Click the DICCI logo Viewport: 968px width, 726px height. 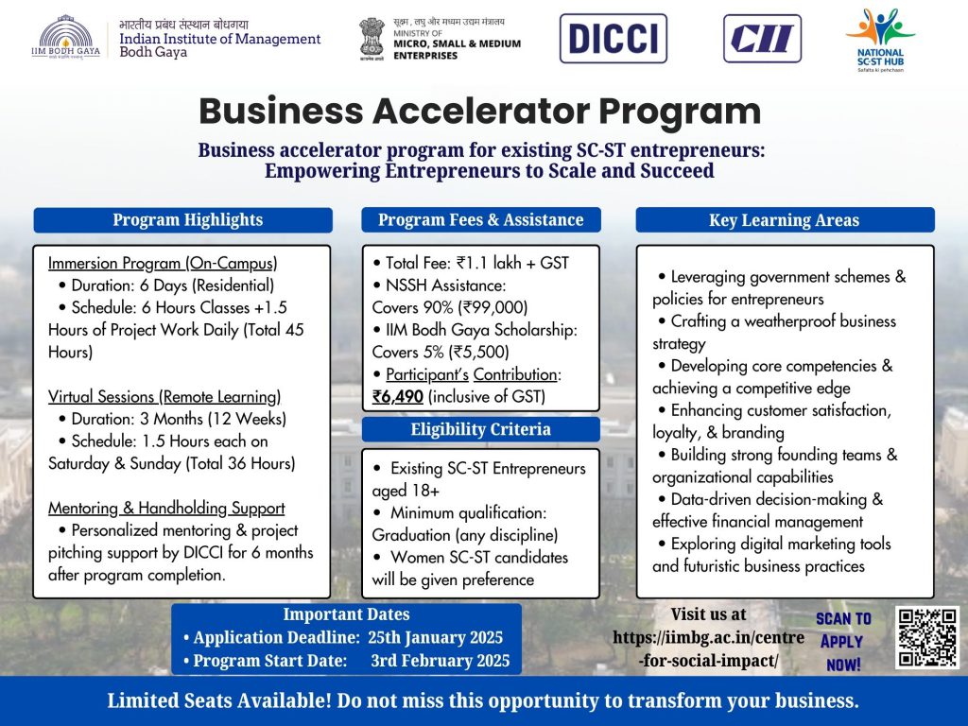click(613, 38)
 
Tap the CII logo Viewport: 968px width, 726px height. click(762, 38)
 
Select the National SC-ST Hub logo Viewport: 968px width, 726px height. click(880, 40)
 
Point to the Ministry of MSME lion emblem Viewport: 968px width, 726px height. click(372, 39)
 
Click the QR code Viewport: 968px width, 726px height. click(928, 638)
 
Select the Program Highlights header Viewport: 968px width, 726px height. click(182, 220)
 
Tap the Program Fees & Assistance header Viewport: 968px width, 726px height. click(481, 219)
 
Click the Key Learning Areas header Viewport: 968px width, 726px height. click(785, 220)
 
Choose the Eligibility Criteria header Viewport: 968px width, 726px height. click(481, 429)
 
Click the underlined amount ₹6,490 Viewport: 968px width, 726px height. click(398, 396)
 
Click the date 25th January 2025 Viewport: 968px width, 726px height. click(435, 637)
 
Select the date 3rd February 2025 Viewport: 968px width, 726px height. click(441, 661)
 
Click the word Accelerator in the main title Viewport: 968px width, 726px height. click(481, 112)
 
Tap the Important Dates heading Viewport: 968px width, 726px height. click(346, 614)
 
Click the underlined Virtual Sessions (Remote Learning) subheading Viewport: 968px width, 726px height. click(164, 396)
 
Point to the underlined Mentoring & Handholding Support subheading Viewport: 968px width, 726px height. click(166, 508)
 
